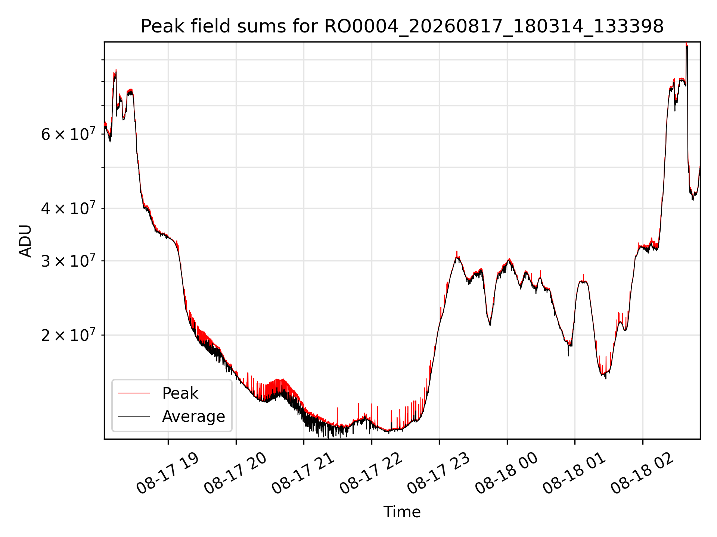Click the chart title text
(x=402, y=26)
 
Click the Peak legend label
(x=180, y=393)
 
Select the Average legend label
(x=193, y=417)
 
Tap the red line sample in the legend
(x=134, y=393)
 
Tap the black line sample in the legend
(x=134, y=416)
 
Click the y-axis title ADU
(x=25, y=241)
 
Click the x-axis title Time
(x=402, y=512)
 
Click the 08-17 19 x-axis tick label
(x=167, y=474)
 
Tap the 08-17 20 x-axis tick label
(x=235, y=474)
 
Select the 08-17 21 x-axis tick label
(x=303, y=474)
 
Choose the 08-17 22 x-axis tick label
(x=371, y=474)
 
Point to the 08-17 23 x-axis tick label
(x=438, y=474)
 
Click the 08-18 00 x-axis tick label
(x=506, y=474)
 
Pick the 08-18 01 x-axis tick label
(x=574, y=474)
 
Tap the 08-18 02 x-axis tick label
(x=642, y=474)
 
